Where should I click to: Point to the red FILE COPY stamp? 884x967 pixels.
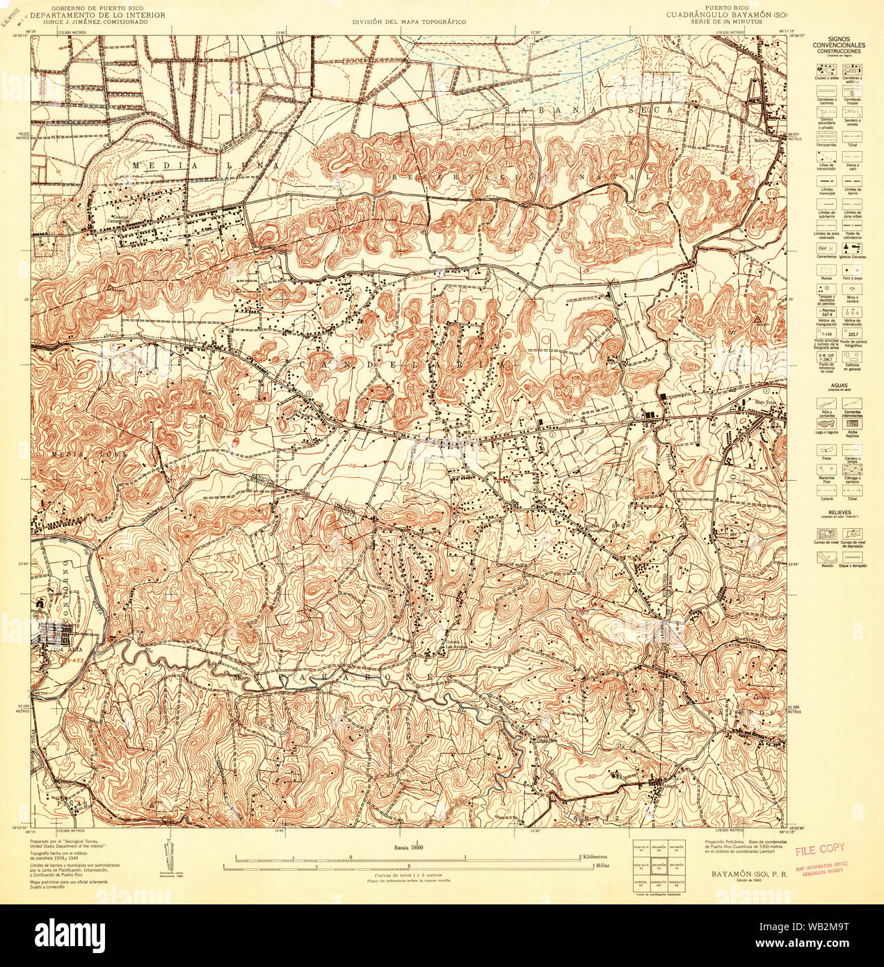[819, 849]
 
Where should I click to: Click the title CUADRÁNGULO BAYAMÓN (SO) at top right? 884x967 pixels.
[723, 15]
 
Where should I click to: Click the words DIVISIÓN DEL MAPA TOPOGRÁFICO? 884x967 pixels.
[408, 22]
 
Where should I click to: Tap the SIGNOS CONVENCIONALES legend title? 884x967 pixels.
[838, 43]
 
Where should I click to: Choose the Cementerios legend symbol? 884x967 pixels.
[826, 248]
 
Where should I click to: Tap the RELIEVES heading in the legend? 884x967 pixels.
[838, 511]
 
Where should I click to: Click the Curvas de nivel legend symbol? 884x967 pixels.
[826, 534]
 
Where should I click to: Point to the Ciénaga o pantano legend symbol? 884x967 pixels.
[851, 471]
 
